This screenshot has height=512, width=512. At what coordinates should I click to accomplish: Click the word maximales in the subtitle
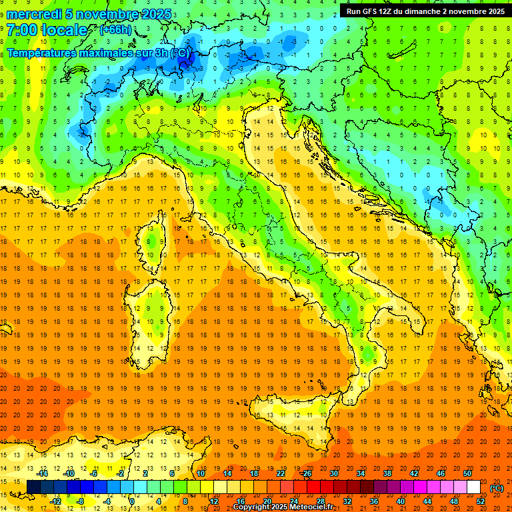click(95, 52)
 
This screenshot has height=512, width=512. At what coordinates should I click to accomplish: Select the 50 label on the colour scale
click(467, 473)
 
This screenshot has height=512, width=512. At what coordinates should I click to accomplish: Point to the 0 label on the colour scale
click(132, 501)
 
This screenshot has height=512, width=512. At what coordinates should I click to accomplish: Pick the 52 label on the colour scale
click(481, 501)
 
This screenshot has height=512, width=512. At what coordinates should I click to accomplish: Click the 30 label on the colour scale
click(333, 473)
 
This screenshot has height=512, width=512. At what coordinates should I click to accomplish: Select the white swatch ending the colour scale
click(474, 487)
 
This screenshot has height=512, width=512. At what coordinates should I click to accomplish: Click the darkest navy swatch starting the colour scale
click(33, 487)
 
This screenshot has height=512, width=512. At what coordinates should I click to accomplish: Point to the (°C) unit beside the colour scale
click(497, 488)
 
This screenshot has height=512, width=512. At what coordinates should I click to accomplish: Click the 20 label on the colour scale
click(267, 501)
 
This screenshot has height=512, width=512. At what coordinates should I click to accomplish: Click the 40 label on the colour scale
click(401, 501)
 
